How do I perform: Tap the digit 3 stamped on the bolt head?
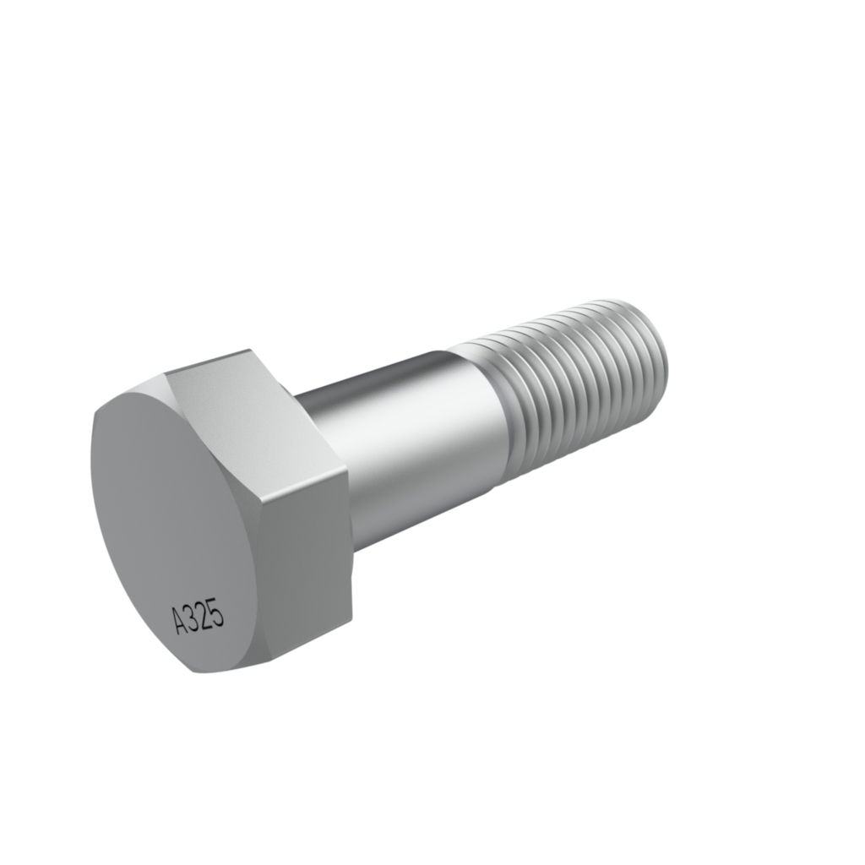[x=193, y=617]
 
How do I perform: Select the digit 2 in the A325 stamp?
[x=205, y=615]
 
